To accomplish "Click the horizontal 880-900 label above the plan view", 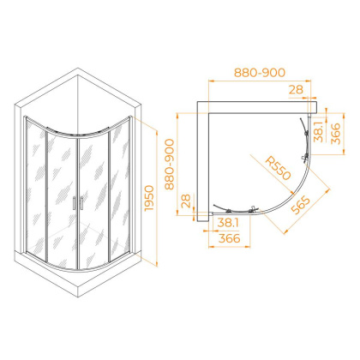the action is click(x=260, y=73).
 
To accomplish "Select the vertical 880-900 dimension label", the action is click(x=170, y=165).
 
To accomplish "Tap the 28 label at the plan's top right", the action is click(x=296, y=90).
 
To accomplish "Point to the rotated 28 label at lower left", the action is click(x=185, y=201).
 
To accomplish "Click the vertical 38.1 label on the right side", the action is click(x=318, y=132).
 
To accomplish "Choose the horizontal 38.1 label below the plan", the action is click(x=228, y=223).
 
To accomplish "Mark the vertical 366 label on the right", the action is click(x=336, y=134).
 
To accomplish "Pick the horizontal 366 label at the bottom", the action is click(x=230, y=238).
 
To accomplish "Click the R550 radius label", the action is click(x=278, y=168).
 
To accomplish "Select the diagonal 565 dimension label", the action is click(x=300, y=205).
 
